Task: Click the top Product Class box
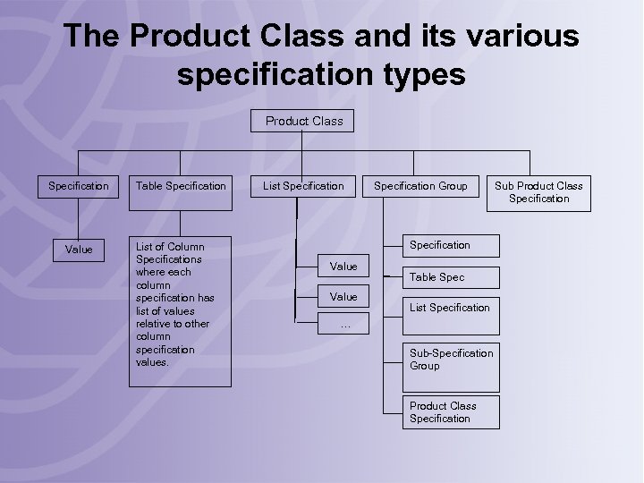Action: click(x=304, y=121)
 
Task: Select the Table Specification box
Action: click(x=181, y=186)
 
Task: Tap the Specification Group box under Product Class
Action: click(x=420, y=186)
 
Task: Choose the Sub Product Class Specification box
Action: click(x=539, y=192)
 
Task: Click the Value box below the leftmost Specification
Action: click(x=79, y=250)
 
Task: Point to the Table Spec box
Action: click(x=437, y=277)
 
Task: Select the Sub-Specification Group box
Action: click(x=451, y=360)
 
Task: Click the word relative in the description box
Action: click(x=156, y=324)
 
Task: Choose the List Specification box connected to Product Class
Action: click(x=303, y=186)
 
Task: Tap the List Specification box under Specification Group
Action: click(x=450, y=308)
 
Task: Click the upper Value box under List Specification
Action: click(x=343, y=266)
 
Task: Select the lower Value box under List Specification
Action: click(x=343, y=296)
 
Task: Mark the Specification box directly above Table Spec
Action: click(x=440, y=245)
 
